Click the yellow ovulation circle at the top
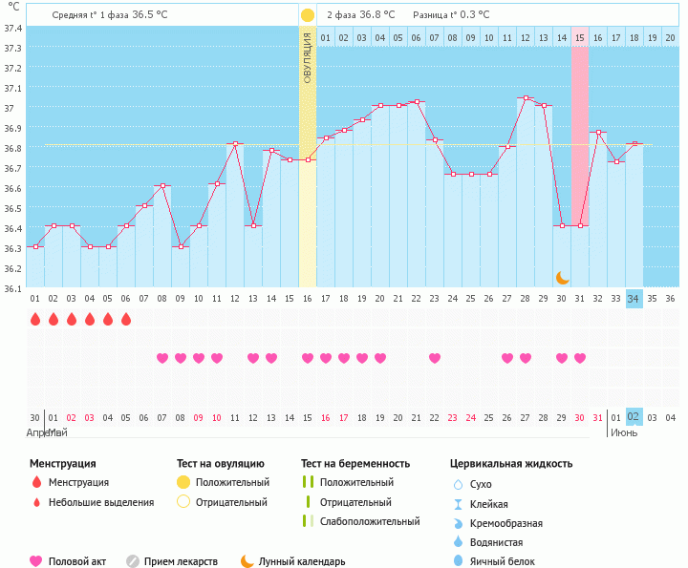[307, 15]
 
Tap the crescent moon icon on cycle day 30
[563, 277]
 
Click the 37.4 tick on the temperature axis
[13, 28]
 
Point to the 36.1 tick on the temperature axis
[13, 287]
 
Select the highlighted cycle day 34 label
[634, 299]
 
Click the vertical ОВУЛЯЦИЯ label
[307, 57]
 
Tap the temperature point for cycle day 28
[526, 97]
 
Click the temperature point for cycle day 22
[417, 101]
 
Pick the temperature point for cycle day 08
[162, 186]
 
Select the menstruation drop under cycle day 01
[35, 319]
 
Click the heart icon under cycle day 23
[435, 358]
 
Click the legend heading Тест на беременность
[355, 464]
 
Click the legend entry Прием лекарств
[181, 561]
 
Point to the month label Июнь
[624, 432]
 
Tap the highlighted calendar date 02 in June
[634, 417]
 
